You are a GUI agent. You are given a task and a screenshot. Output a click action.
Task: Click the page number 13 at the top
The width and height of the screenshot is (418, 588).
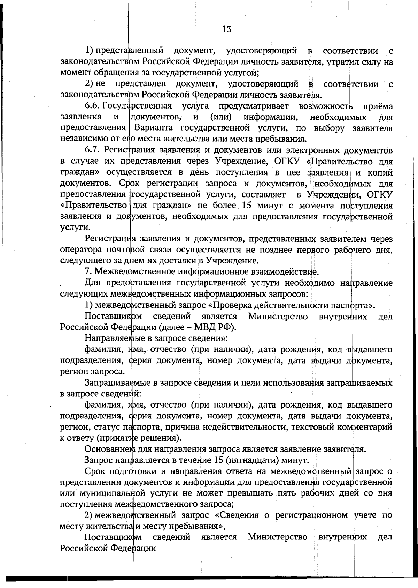coord(226,29)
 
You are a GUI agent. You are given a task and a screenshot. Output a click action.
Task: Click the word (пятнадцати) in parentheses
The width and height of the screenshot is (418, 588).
coord(250,460)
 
